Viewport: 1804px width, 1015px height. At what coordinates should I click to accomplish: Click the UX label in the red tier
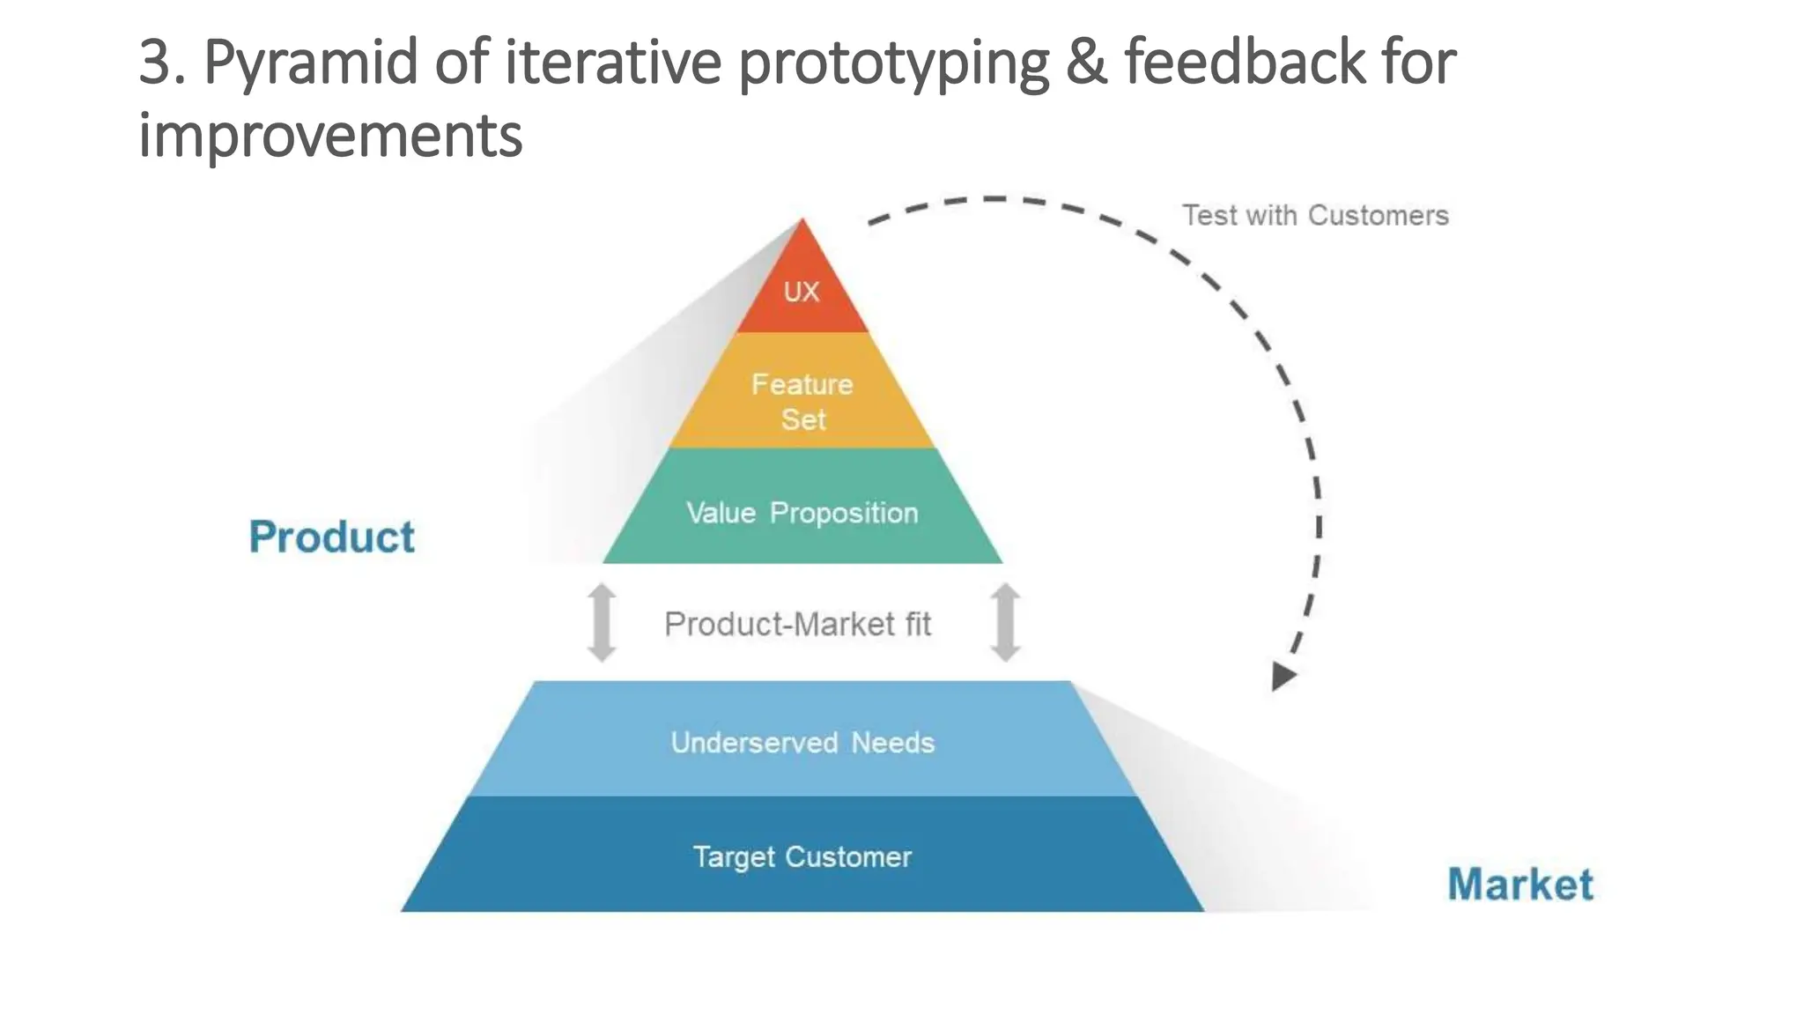point(802,292)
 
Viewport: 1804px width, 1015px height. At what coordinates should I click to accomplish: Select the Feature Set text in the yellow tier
point(802,402)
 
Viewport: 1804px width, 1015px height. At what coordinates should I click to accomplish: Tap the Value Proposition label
point(802,513)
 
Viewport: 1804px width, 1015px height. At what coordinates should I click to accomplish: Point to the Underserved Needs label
point(802,743)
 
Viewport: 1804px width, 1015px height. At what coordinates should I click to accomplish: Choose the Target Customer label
point(802,857)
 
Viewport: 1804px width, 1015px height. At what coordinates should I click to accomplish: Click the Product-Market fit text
point(797,624)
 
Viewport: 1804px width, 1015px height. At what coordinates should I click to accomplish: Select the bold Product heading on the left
point(331,537)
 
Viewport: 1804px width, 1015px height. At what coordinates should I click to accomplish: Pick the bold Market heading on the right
point(1520,884)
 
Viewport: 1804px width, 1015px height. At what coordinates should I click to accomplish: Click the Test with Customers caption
point(1315,215)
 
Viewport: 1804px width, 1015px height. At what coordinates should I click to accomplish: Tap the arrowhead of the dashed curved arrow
point(1283,677)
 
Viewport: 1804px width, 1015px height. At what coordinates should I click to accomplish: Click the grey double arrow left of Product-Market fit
point(603,622)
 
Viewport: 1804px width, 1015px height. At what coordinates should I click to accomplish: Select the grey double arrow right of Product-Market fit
point(1005,622)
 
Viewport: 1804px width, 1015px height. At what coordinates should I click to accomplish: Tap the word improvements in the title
point(331,136)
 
